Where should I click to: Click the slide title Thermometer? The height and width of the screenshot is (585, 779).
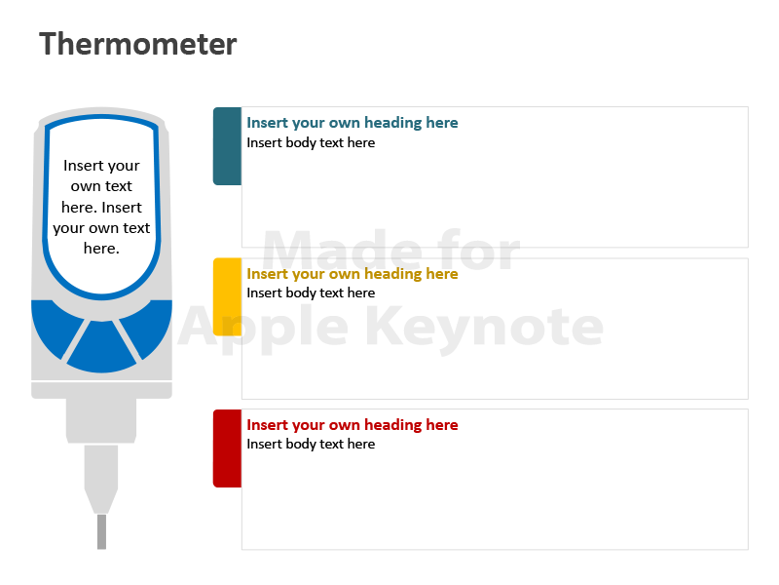pyautogui.click(x=137, y=44)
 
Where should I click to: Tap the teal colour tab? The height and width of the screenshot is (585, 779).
pyautogui.click(x=227, y=146)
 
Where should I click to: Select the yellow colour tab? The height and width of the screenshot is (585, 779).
pyautogui.click(x=227, y=297)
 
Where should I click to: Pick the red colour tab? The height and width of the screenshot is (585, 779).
pyautogui.click(x=227, y=448)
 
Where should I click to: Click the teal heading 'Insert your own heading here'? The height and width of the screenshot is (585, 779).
pyautogui.click(x=352, y=123)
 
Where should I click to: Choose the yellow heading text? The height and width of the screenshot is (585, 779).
pyautogui.click(x=352, y=274)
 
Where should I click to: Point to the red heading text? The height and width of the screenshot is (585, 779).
pyautogui.click(x=352, y=425)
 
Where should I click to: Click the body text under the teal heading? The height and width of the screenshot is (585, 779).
pyautogui.click(x=311, y=142)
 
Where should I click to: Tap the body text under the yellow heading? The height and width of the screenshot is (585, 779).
pyautogui.click(x=311, y=293)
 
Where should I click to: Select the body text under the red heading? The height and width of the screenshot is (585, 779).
pyautogui.click(x=311, y=444)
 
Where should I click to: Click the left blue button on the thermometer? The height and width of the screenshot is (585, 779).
pyautogui.click(x=54, y=325)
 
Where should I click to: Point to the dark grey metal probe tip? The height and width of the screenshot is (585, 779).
pyautogui.click(x=102, y=531)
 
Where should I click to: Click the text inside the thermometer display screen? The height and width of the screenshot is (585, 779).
pyautogui.click(x=101, y=207)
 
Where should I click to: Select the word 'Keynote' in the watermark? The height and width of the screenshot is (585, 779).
pyautogui.click(x=484, y=327)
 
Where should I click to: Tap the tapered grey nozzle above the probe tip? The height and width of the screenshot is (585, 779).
pyautogui.click(x=101, y=479)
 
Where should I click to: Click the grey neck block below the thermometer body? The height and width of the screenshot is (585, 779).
pyautogui.click(x=101, y=420)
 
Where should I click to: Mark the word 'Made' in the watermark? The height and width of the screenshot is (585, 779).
pyautogui.click(x=342, y=250)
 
